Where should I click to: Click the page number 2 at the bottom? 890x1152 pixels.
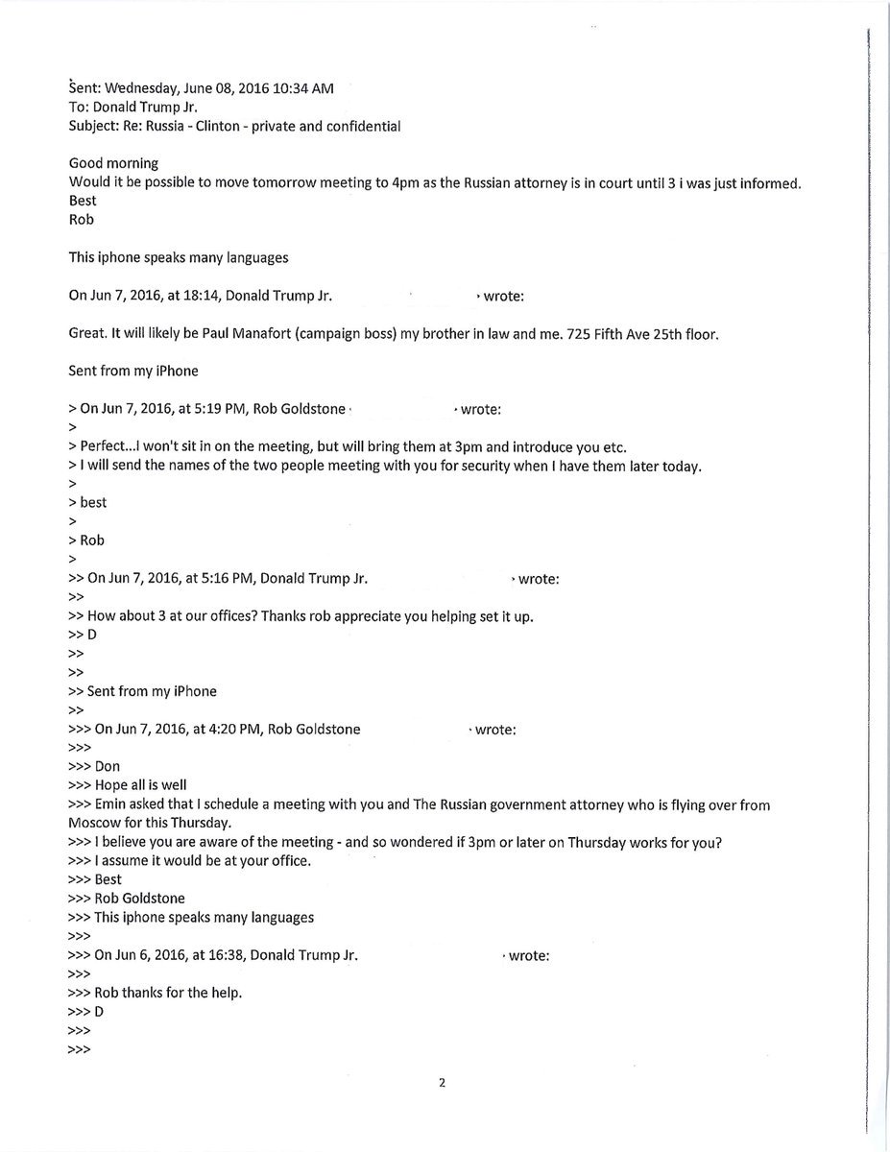[x=442, y=1084]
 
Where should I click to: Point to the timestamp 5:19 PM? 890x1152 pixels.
[x=210, y=409]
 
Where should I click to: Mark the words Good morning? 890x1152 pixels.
[x=113, y=163]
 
